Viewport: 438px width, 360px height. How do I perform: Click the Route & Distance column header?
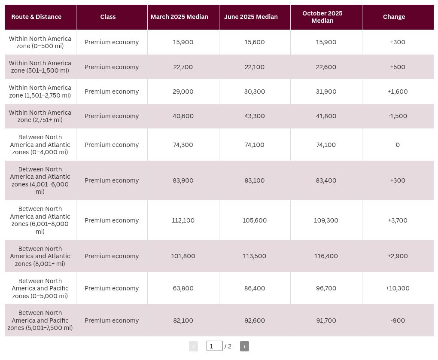(x=36, y=17)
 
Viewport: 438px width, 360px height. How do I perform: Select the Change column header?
(x=394, y=17)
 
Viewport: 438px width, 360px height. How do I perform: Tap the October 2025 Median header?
(x=322, y=17)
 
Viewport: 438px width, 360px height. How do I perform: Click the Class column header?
(x=108, y=17)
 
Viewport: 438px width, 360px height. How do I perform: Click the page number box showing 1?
(x=215, y=346)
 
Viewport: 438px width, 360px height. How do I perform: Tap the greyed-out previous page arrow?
(x=193, y=346)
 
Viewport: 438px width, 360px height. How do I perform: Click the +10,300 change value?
(x=398, y=288)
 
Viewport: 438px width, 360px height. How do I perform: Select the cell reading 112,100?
(x=183, y=220)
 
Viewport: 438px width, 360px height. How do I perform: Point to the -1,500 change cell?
(x=398, y=116)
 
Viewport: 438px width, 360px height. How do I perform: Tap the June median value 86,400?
(x=255, y=288)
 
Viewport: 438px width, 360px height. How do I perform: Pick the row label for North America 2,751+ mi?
(x=40, y=116)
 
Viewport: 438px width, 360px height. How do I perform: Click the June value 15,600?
(x=255, y=42)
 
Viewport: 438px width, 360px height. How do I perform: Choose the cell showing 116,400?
(x=326, y=256)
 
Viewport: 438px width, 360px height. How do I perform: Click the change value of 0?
(x=398, y=145)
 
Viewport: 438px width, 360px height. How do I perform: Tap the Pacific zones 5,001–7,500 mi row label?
(x=40, y=320)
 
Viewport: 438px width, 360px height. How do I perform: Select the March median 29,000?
(x=183, y=92)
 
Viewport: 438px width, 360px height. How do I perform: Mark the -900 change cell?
(x=398, y=320)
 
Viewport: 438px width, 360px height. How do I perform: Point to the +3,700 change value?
(x=398, y=220)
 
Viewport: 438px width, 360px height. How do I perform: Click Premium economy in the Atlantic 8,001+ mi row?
(x=112, y=256)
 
